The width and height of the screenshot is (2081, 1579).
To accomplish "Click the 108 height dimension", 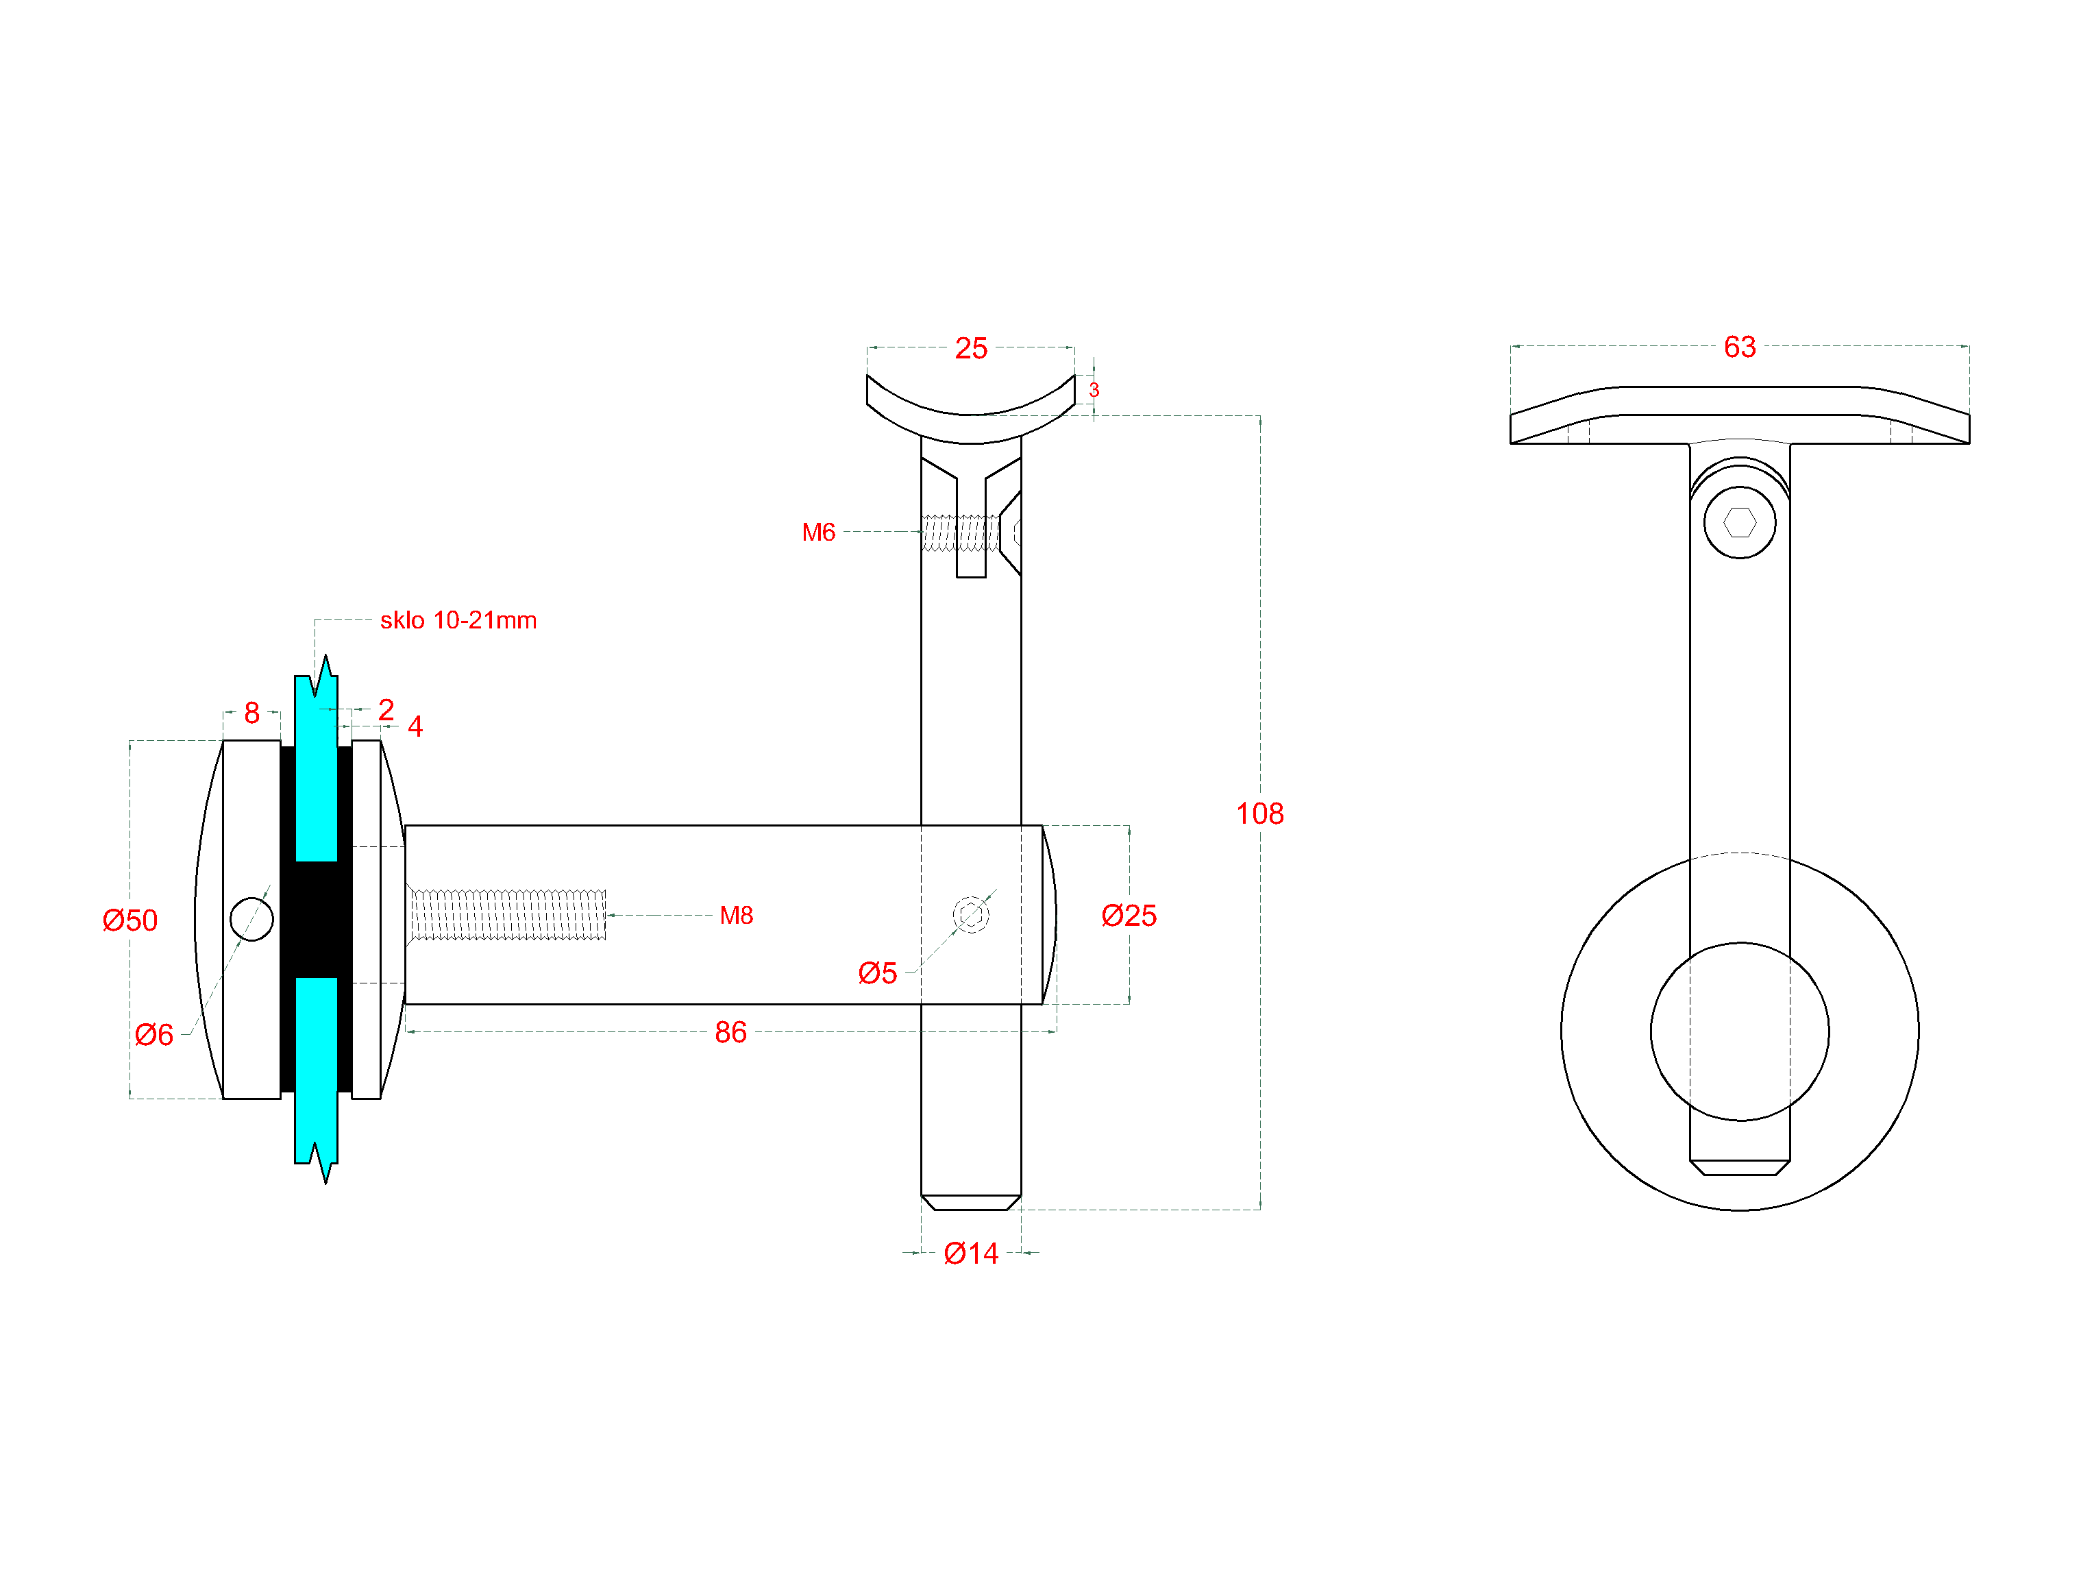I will (x=1259, y=813).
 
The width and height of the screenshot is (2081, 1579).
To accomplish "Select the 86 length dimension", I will (x=730, y=1032).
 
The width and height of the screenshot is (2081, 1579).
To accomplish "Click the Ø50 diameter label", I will (x=130, y=920).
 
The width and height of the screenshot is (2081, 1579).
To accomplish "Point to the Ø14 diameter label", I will (x=971, y=1253).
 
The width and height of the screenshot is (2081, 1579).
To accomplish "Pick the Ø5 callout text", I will (x=877, y=973).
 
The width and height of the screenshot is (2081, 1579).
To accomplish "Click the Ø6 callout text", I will (x=153, y=1035).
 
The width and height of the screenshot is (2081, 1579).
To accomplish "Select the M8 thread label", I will (x=736, y=916).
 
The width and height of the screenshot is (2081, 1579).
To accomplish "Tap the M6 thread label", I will (x=817, y=533).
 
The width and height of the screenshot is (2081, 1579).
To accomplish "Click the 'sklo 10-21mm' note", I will (x=458, y=620).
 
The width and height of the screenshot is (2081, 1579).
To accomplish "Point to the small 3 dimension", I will (x=1094, y=389).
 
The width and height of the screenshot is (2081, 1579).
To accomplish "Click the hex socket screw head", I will (x=1740, y=522).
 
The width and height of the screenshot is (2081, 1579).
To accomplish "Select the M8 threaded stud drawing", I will (x=508, y=915).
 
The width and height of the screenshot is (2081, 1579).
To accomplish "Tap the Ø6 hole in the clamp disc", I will (x=251, y=919).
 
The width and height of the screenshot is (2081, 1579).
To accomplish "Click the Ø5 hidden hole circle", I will (x=971, y=914).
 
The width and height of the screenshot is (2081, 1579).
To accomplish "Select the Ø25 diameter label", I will (x=1129, y=916).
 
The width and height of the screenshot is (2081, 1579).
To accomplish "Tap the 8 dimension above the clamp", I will (x=251, y=712).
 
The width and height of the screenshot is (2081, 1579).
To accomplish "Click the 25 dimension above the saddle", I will (x=971, y=348).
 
